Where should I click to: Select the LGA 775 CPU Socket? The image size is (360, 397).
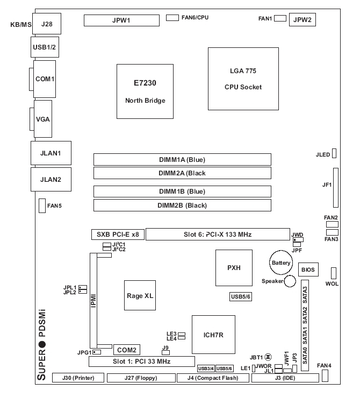(x=243, y=78)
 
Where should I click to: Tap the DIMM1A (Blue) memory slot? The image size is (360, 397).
(x=182, y=159)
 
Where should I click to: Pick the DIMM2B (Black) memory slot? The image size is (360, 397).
(x=182, y=205)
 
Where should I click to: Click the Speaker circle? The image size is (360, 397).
(x=291, y=281)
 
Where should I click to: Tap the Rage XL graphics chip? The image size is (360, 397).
(x=139, y=295)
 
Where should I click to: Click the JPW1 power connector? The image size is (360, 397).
(x=121, y=20)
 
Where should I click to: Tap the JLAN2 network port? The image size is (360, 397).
(x=46, y=179)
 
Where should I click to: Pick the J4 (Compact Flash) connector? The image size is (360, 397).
(x=213, y=378)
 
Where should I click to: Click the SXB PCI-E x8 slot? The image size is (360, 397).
(x=117, y=235)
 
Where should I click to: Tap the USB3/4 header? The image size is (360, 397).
(x=205, y=368)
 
